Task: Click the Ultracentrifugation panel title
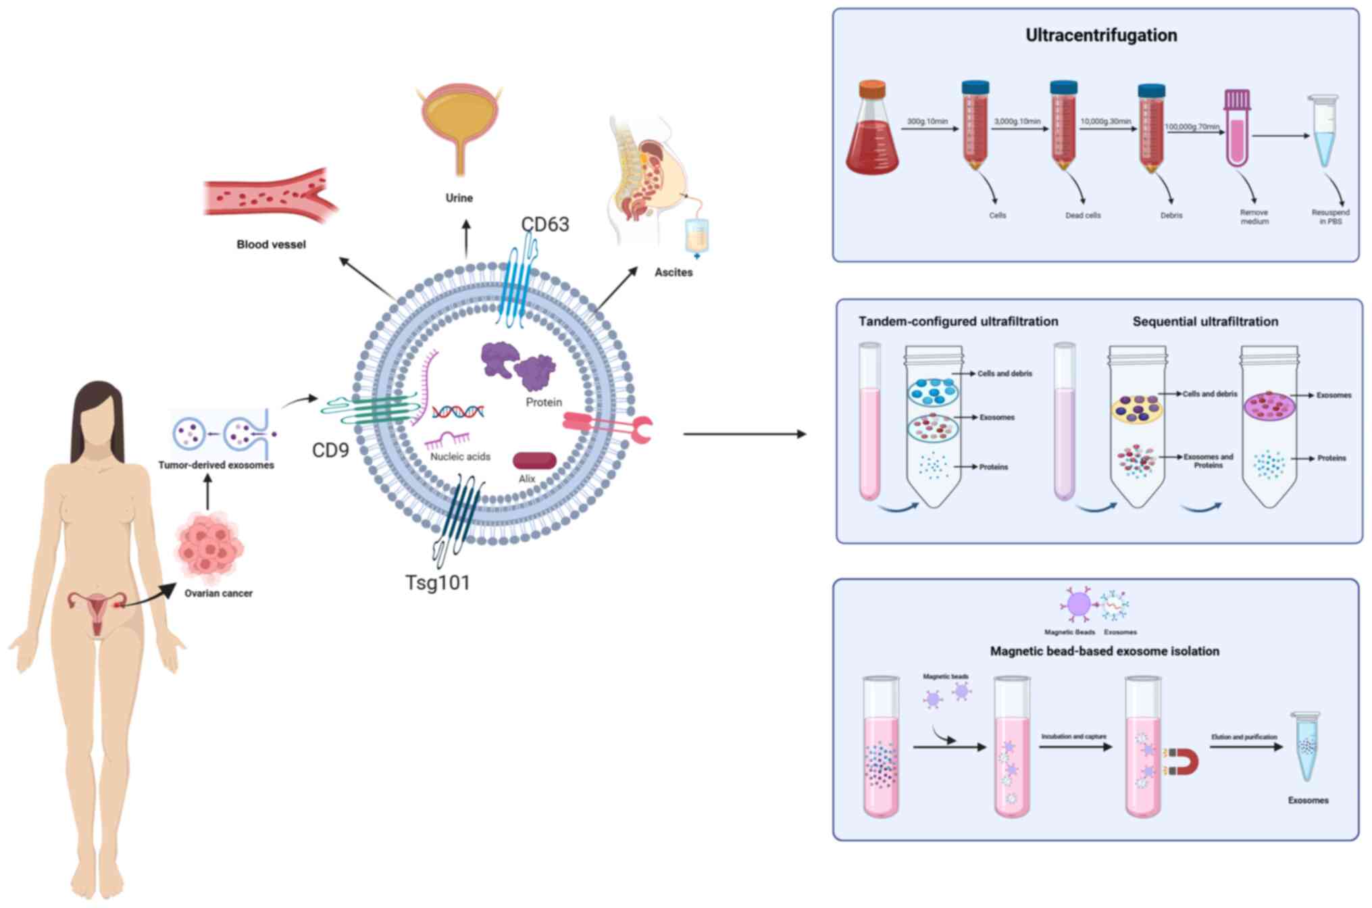1101,35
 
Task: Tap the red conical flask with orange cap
872,132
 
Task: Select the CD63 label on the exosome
545,224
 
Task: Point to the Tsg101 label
437,582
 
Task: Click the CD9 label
330,450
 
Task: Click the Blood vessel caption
271,245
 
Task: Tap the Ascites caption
674,272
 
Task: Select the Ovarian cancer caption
218,593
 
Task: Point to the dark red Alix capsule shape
534,461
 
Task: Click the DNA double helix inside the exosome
458,411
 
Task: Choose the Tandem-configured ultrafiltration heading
958,322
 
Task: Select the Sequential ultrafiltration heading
1205,322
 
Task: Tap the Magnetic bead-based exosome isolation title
1104,651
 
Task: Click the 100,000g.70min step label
1192,126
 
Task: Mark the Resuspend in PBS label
1330,217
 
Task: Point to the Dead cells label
1083,216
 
